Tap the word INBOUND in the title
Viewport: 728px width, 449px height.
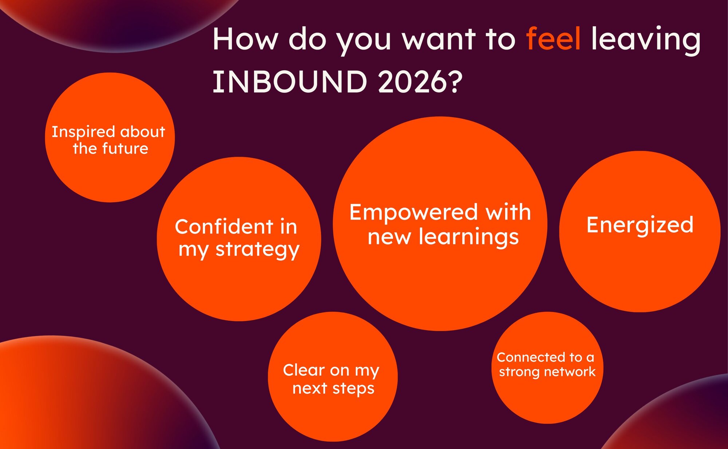pyautogui.click(x=290, y=82)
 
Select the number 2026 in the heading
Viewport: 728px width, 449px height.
pyautogui.click(x=412, y=82)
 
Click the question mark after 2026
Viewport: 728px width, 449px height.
pyautogui.click(x=455, y=82)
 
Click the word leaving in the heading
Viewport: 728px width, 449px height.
pyautogui.click(x=646, y=40)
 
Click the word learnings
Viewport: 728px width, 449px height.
pyautogui.click(x=468, y=238)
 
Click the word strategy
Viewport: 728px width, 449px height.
pyautogui.click(x=257, y=251)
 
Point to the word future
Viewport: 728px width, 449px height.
pyautogui.click(x=125, y=149)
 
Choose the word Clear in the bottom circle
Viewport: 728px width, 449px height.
pyautogui.click(x=304, y=370)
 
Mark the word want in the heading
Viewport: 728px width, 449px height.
pyautogui.click(x=439, y=39)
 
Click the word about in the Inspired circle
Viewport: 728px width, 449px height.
pyautogui.click(x=143, y=132)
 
